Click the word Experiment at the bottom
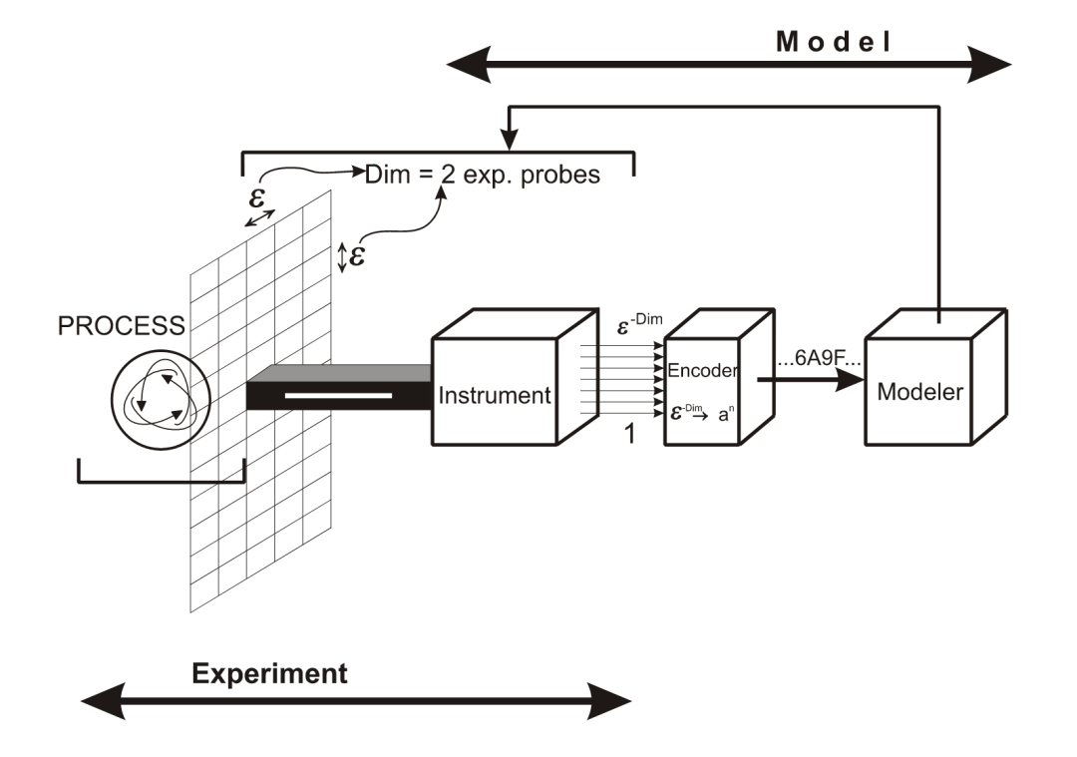pyautogui.click(x=270, y=673)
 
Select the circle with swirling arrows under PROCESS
pyautogui.click(x=161, y=392)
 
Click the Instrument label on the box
pyautogui.click(x=495, y=396)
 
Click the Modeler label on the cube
pyautogui.click(x=920, y=392)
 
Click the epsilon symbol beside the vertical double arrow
pyautogui.click(x=357, y=255)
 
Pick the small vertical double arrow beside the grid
pyautogui.click(x=342, y=257)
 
